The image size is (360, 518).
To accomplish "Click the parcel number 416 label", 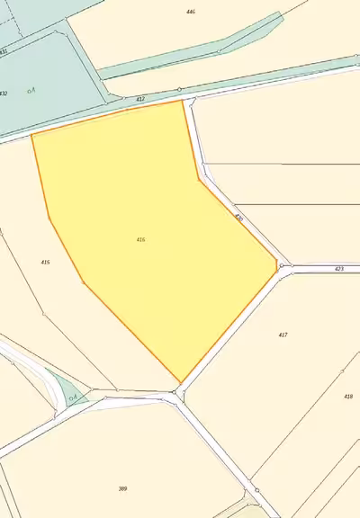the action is pos(141,239).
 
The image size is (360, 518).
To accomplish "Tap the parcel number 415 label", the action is pos(45,262).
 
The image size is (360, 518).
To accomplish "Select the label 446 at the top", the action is pos(190,12).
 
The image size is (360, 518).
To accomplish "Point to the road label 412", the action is pos(140,99).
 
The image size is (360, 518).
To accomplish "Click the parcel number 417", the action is pos(283,335).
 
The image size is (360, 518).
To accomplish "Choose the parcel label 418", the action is pos(347,396).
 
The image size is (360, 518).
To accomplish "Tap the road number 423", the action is pos(338,269).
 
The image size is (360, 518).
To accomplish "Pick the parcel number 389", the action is pos(122,488).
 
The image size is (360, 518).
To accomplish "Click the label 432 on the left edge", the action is pos(4,94).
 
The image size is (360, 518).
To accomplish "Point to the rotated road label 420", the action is pos(238,218).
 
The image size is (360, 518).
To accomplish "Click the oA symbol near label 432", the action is pos(31,89).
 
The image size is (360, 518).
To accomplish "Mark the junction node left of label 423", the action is pos(282,266).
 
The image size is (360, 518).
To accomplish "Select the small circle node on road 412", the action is pos(180,89).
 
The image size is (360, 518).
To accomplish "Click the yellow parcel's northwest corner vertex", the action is pos(32,135).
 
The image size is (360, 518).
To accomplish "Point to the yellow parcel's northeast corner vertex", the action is pos(184,100).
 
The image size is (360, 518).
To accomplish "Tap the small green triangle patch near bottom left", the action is pos(65,392).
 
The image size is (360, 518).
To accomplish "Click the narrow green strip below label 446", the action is pos(180,55).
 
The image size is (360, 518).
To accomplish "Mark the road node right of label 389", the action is pos(256,490).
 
